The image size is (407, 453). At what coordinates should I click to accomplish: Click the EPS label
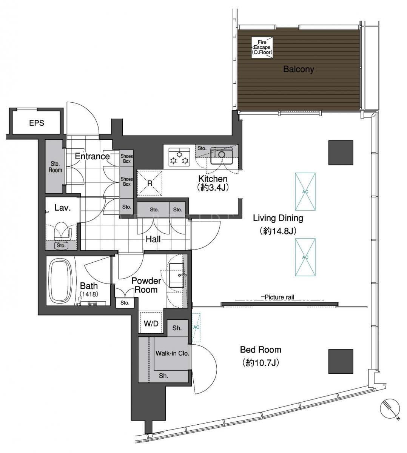coord(37,123)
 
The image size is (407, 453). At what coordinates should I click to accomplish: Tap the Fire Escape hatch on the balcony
coord(262,48)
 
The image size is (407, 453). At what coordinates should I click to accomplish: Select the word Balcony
coord(299,69)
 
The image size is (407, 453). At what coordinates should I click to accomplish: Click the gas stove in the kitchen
coord(179,157)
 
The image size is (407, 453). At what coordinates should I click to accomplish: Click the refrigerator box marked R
coord(150,183)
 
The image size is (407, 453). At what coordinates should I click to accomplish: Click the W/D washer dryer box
coord(151,323)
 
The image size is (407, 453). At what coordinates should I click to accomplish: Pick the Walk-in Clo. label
coord(173,353)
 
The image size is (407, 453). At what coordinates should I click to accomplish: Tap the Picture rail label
coord(279,297)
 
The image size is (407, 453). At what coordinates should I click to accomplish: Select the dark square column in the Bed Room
coord(341,362)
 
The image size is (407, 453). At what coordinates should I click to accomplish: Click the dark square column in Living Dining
coord(341,153)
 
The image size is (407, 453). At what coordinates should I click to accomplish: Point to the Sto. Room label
coord(55,167)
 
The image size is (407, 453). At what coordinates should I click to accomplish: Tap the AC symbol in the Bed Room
coord(196,327)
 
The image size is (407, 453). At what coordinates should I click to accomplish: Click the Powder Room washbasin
coord(177,275)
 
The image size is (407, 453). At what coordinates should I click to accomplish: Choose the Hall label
coord(153,239)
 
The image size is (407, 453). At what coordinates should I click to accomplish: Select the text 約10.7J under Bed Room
coord(261,363)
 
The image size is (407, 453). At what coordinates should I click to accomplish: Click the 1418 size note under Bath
coord(89,294)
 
